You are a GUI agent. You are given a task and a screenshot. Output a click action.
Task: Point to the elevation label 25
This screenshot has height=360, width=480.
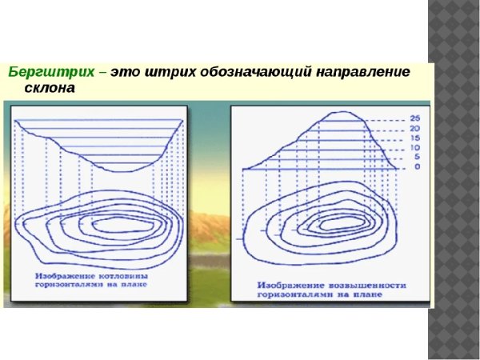click(414, 118)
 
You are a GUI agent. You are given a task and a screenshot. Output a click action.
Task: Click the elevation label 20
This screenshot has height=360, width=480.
click(414, 128)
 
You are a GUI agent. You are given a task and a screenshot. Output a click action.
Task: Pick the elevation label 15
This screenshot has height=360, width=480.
click(414, 138)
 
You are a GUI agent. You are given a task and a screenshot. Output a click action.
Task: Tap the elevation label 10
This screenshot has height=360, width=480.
click(414, 147)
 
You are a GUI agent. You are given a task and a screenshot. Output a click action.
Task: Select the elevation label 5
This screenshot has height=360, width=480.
click(416, 157)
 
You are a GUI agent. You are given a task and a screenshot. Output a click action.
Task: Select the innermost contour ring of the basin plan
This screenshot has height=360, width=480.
click(120, 226)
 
